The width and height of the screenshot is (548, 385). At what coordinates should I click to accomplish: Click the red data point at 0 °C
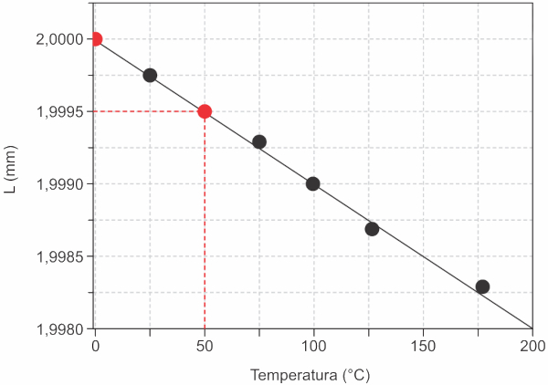pyautogui.click(x=95, y=39)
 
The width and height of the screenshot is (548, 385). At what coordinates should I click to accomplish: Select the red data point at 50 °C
pyautogui.click(x=205, y=111)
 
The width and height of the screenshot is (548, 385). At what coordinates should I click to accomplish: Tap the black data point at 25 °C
pyautogui.click(x=150, y=75)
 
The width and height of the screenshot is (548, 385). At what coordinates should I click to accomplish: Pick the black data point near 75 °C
pyautogui.click(x=259, y=141)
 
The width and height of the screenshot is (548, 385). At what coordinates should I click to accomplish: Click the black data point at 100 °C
pyautogui.click(x=313, y=183)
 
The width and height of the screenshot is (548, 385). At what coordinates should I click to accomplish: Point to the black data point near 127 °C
pyautogui.click(x=372, y=229)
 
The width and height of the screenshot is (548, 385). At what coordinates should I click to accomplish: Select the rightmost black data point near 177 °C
pyautogui.click(x=482, y=286)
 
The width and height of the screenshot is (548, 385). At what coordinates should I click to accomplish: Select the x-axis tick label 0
pyautogui.click(x=95, y=348)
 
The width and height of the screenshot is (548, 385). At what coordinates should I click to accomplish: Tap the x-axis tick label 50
pyautogui.click(x=205, y=348)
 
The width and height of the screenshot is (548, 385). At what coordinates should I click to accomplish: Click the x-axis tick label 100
pyautogui.click(x=314, y=348)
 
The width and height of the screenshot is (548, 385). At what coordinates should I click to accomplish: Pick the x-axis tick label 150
pyautogui.click(x=424, y=348)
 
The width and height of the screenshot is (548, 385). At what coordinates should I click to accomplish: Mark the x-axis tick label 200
pyautogui.click(x=532, y=348)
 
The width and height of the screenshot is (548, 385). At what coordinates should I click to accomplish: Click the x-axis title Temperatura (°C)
pyautogui.click(x=311, y=374)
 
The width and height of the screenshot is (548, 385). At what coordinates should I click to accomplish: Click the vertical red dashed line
pyautogui.click(x=205, y=228)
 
